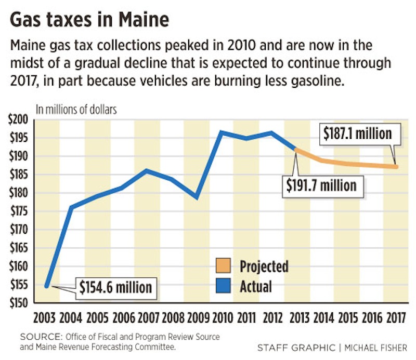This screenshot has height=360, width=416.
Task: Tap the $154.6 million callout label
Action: tap(115, 287)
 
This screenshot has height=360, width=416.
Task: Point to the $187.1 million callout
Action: tap(357, 134)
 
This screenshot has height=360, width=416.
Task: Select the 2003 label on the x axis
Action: tap(46, 317)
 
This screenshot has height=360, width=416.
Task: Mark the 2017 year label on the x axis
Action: tap(396, 317)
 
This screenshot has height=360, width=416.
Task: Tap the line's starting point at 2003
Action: tap(47, 286)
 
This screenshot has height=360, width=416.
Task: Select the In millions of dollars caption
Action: tap(76, 110)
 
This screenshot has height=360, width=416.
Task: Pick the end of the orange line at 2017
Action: tap(396, 167)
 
